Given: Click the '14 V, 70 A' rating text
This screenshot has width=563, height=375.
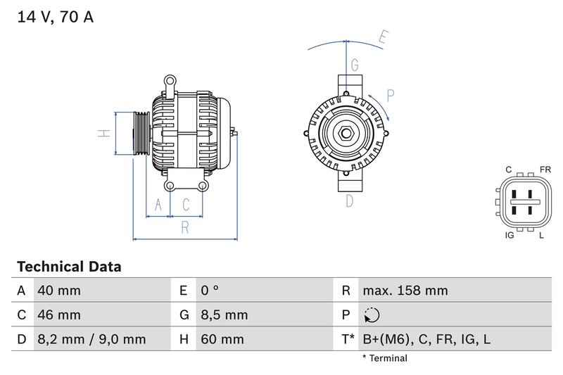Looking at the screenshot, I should tap(55, 17).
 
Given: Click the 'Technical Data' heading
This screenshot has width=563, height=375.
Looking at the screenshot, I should tap(69, 267).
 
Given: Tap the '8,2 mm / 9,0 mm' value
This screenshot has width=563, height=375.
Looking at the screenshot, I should tap(91, 339).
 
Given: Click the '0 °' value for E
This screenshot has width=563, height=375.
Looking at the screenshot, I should tap(210, 291).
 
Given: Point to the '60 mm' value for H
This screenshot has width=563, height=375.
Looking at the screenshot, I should tap(222, 339).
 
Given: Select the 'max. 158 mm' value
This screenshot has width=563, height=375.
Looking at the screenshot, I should tap(405, 291).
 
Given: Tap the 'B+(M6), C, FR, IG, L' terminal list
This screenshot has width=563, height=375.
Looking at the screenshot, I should tap(426, 339).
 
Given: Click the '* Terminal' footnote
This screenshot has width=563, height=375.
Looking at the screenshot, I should tap(384, 359).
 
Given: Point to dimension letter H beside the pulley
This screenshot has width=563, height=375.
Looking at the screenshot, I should tap(103, 133).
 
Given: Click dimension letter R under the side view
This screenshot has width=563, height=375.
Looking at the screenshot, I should tap(184, 227).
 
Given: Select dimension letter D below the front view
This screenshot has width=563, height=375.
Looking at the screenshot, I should tap(349, 201).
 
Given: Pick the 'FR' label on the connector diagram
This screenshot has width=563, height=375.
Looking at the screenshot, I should tap(545, 170).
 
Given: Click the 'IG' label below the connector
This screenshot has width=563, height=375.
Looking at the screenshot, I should tap(509, 235).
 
